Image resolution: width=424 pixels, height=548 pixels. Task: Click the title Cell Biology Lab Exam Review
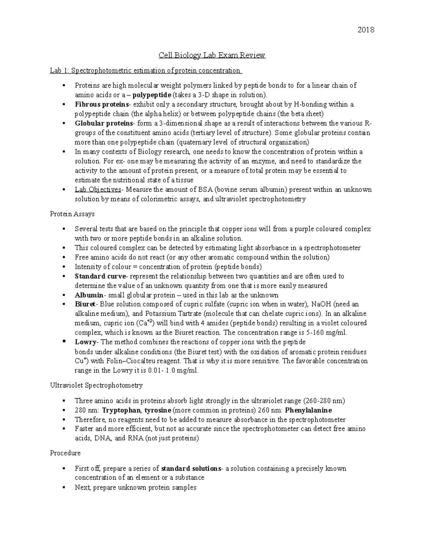pyautogui.click(x=212, y=55)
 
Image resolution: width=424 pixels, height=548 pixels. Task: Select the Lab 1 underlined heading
pyautogui.click(x=146, y=71)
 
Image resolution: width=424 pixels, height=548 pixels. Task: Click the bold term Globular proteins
pyautogui.click(x=104, y=124)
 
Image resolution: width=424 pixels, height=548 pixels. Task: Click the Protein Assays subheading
pyautogui.click(x=72, y=214)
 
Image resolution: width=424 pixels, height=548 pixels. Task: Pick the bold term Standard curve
pyautogui.click(x=100, y=276)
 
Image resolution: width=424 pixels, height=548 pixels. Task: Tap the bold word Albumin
pyautogui.click(x=89, y=295)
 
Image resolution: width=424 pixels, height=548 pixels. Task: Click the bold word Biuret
pyautogui.click(x=85, y=304)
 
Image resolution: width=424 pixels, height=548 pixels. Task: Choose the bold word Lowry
pyautogui.click(x=86, y=342)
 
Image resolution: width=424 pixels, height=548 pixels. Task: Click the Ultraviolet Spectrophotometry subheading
pyautogui.click(x=96, y=385)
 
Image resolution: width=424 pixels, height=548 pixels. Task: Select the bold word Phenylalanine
pyautogui.click(x=308, y=410)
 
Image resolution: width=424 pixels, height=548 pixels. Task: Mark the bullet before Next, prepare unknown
pyautogui.click(x=64, y=487)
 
